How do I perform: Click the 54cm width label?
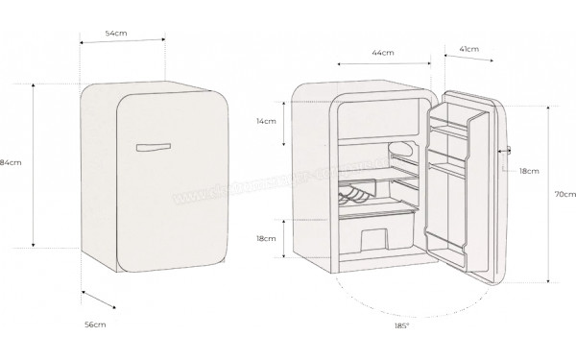(117, 33)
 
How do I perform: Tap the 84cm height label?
(11, 162)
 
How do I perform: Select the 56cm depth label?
(94, 325)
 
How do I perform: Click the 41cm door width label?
(469, 48)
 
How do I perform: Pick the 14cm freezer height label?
(266, 121)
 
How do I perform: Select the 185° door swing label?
(400, 326)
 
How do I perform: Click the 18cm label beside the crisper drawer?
(266, 238)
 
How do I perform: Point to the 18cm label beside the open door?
(528, 170)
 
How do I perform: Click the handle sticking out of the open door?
(507, 151)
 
